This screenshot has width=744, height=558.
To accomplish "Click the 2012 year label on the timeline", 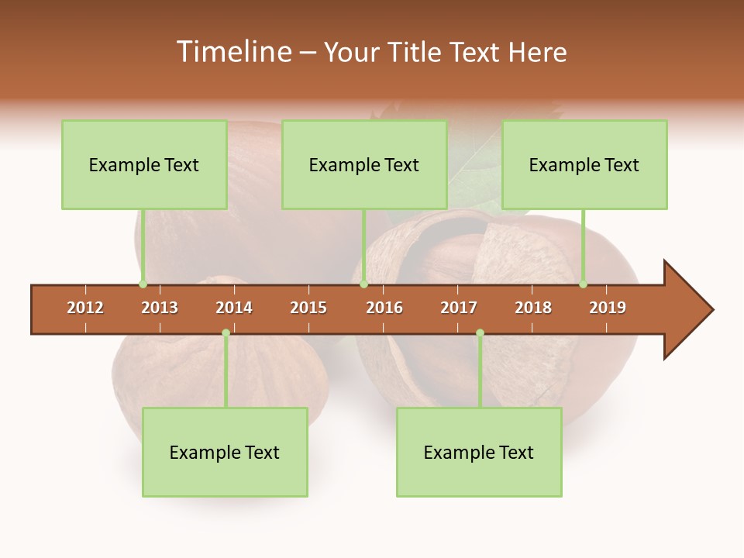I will click(85, 308).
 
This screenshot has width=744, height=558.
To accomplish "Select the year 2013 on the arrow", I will click(160, 308).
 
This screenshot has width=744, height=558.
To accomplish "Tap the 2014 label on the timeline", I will click(234, 308).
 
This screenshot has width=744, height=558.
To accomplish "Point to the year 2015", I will click(308, 308).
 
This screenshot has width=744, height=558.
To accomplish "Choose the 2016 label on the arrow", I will click(384, 308).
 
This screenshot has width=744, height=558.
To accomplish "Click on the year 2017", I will click(459, 308).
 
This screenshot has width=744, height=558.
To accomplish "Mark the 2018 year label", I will click(533, 308).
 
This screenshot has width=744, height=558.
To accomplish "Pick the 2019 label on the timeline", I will click(608, 308).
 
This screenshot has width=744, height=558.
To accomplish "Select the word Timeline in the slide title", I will click(232, 52).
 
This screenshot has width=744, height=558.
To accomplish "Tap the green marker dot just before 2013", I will click(143, 284).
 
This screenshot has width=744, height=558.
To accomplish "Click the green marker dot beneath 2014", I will click(226, 333).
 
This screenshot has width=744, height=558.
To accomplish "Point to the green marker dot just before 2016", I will click(363, 284).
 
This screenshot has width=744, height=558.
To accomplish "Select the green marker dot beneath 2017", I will click(480, 333).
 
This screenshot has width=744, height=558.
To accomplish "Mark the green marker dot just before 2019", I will click(584, 284).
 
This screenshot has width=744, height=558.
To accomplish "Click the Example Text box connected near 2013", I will click(144, 164).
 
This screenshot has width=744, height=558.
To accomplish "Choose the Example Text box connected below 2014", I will click(225, 452).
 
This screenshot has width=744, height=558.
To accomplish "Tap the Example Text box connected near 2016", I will click(364, 164).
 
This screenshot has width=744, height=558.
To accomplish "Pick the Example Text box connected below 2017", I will click(479, 452).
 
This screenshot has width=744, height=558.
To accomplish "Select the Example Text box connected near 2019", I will click(584, 164).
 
